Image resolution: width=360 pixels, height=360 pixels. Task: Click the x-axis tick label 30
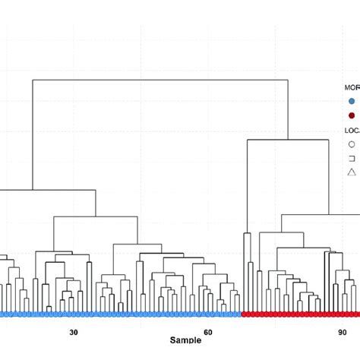pos(74,332)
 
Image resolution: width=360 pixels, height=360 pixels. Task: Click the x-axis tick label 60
pos(208,332)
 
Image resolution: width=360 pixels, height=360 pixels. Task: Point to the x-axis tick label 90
pos(343,332)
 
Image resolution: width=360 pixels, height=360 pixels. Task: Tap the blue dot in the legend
pos(352,101)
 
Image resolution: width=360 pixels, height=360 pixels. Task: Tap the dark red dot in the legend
pos(352,115)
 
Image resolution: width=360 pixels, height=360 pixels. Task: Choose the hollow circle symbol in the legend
pos(352,144)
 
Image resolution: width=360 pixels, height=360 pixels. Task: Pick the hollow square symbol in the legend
pos(352,158)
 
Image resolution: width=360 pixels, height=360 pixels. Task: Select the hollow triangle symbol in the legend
pos(352,172)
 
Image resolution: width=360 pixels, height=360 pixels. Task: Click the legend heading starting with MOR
pos(352,87)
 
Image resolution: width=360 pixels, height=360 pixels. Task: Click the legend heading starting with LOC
pos(352,130)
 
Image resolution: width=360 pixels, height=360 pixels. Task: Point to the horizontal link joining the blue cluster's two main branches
pos(46,190)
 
